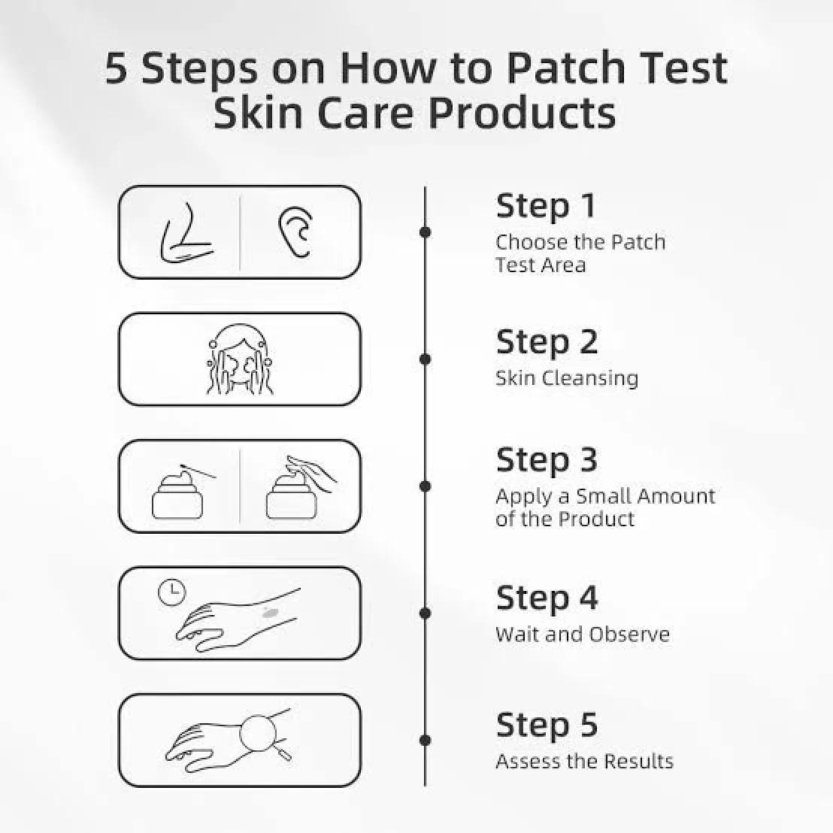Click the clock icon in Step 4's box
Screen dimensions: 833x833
(x=171, y=593)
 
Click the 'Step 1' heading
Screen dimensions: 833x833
(x=546, y=206)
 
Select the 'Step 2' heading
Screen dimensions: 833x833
(x=547, y=343)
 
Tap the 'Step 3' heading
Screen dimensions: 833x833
(x=547, y=460)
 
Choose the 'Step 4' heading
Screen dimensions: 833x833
(x=547, y=598)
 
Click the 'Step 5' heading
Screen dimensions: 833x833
(x=547, y=725)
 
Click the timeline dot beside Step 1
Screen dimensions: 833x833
(x=425, y=232)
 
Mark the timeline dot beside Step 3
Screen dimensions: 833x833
(x=425, y=486)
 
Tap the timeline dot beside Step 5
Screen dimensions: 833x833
(x=425, y=740)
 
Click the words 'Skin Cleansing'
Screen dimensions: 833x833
(x=567, y=379)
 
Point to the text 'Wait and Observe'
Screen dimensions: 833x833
(x=582, y=635)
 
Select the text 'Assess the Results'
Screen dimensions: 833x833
(x=584, y=762)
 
